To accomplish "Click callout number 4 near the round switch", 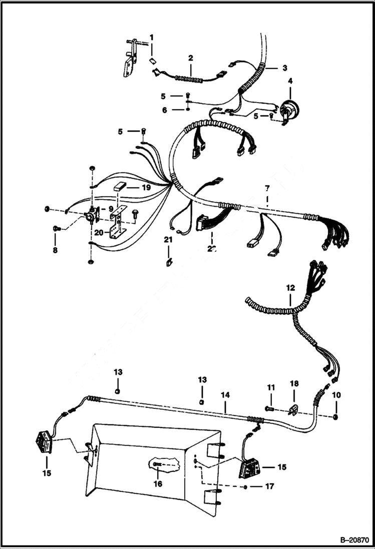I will coord(290,80).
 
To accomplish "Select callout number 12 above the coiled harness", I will coord(290,288).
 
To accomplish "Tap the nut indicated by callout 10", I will coord(335,416).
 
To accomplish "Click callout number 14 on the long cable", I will coord(226,395).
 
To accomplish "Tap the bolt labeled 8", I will coord(57,229).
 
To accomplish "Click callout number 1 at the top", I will coord(152,37).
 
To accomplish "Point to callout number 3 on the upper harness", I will coord(284,67).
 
